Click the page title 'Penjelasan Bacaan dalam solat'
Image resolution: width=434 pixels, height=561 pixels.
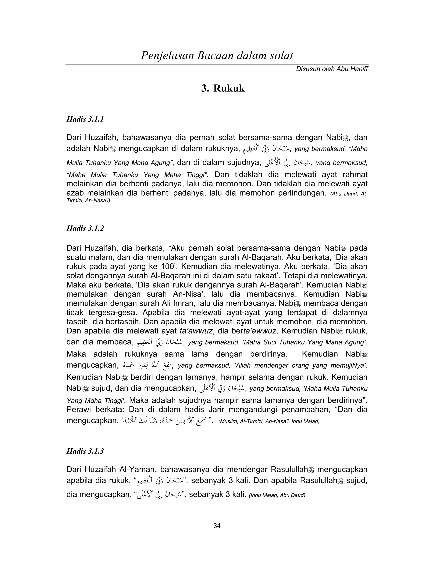click(217, 55)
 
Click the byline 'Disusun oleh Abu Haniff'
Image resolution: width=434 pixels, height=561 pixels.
click(332, 69)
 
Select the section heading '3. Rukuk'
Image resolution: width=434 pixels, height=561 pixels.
click(223, 88)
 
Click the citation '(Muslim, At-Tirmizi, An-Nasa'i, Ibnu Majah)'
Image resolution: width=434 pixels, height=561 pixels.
click(269, 421)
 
